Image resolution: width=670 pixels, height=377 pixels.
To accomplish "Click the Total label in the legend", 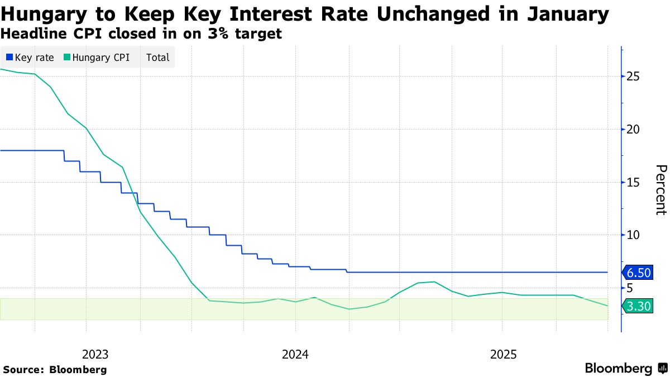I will (157, 57).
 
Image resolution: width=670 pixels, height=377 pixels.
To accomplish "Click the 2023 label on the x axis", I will (95, 354).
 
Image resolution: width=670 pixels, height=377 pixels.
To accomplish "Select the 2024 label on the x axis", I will (296, 354).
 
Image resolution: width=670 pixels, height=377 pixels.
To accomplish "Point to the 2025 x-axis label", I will (504, 354).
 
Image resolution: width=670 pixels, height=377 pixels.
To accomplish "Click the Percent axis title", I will (661, 190).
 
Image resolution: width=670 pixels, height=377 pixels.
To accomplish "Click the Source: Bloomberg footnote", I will (55, 369).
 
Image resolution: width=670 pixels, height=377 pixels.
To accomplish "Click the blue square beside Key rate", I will (9, 57).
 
